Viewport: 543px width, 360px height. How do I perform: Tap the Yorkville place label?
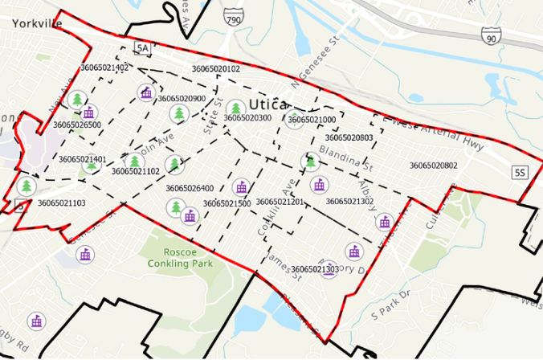click(36, 23)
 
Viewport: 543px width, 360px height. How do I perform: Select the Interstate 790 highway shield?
click(233, 18)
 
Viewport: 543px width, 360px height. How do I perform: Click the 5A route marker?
click(143, 49)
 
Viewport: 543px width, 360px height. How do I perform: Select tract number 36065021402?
click(104, 68)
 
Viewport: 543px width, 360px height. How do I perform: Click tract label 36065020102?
click(215, 69)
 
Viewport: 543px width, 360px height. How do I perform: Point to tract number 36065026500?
click(77, 125)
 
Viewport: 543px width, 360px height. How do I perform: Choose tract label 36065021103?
click(61, 203)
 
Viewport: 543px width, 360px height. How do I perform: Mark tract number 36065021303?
click(314, 269)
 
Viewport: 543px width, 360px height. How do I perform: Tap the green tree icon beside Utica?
click(235, 108)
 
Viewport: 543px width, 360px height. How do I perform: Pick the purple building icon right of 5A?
click(146, 92)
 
